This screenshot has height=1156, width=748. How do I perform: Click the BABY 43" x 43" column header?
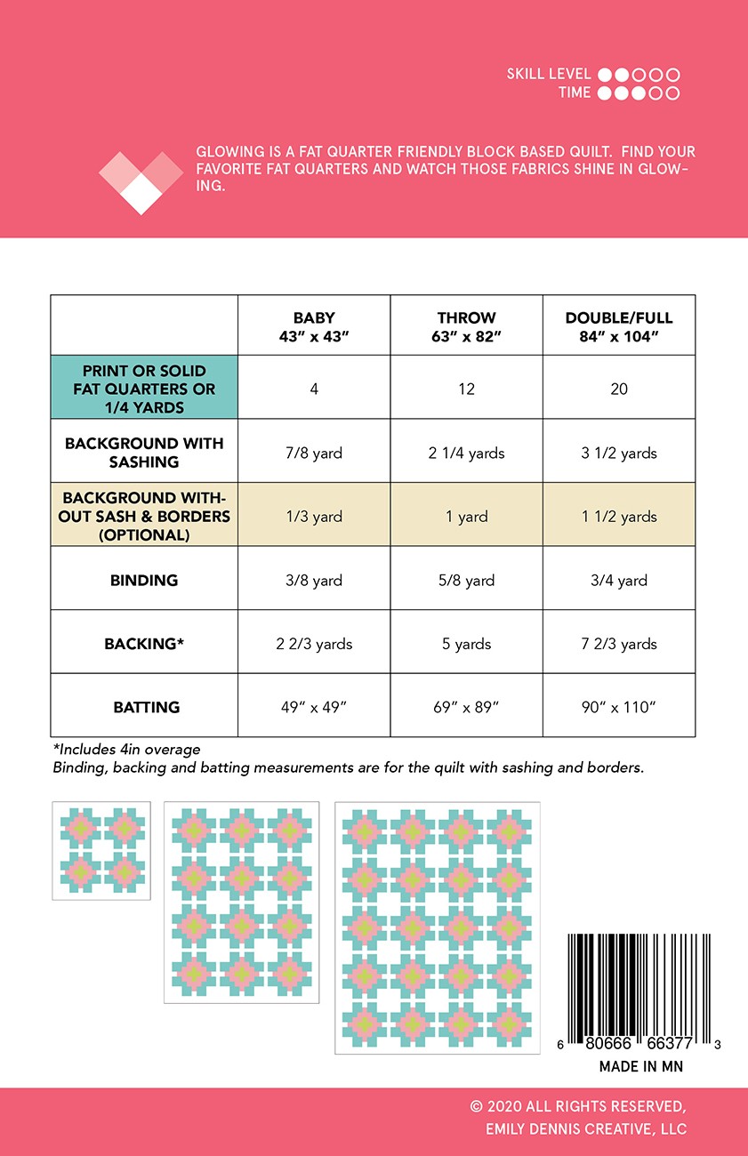pyautogui.click(x=314, y=325)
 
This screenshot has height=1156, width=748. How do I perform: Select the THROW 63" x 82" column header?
pyautogui.click(x=466, y=325)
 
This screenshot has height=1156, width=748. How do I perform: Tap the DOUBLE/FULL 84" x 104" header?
pyautogui.click(x=619, y=325)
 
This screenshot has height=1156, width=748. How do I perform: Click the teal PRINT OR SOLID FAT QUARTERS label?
pyautogui.click(x=144, y=389)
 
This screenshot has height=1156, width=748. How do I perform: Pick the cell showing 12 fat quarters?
pyautogui.click(x=466, y=389)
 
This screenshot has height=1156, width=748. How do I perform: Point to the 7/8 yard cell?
pyautogui.click(x=314, y=453)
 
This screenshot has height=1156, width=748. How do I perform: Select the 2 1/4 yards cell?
pyautogui.click(x=466, y=453)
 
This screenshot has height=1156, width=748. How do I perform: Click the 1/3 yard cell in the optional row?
pyautogui.click(x=314, y=517)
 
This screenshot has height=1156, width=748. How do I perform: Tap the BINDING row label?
pyautogui.click(x=144, y=580)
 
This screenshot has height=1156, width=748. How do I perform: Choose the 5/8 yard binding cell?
pyautogui.click(x=466, y=580)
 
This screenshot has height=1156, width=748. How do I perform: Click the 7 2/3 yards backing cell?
pyautogui.click(x=619, y=644)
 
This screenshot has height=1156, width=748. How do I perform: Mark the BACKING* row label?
pyautogui.click(x=144, y=644)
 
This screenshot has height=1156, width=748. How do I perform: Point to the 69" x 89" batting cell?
pyautogui.click(x=466, y=707)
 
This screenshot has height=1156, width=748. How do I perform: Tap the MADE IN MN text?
pyautogui.click(x=640, y=1066)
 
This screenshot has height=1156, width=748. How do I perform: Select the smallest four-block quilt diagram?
pyautogui.click(x=101, y=851)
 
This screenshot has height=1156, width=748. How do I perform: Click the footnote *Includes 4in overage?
pyautogui.click(x=126, y=750)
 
